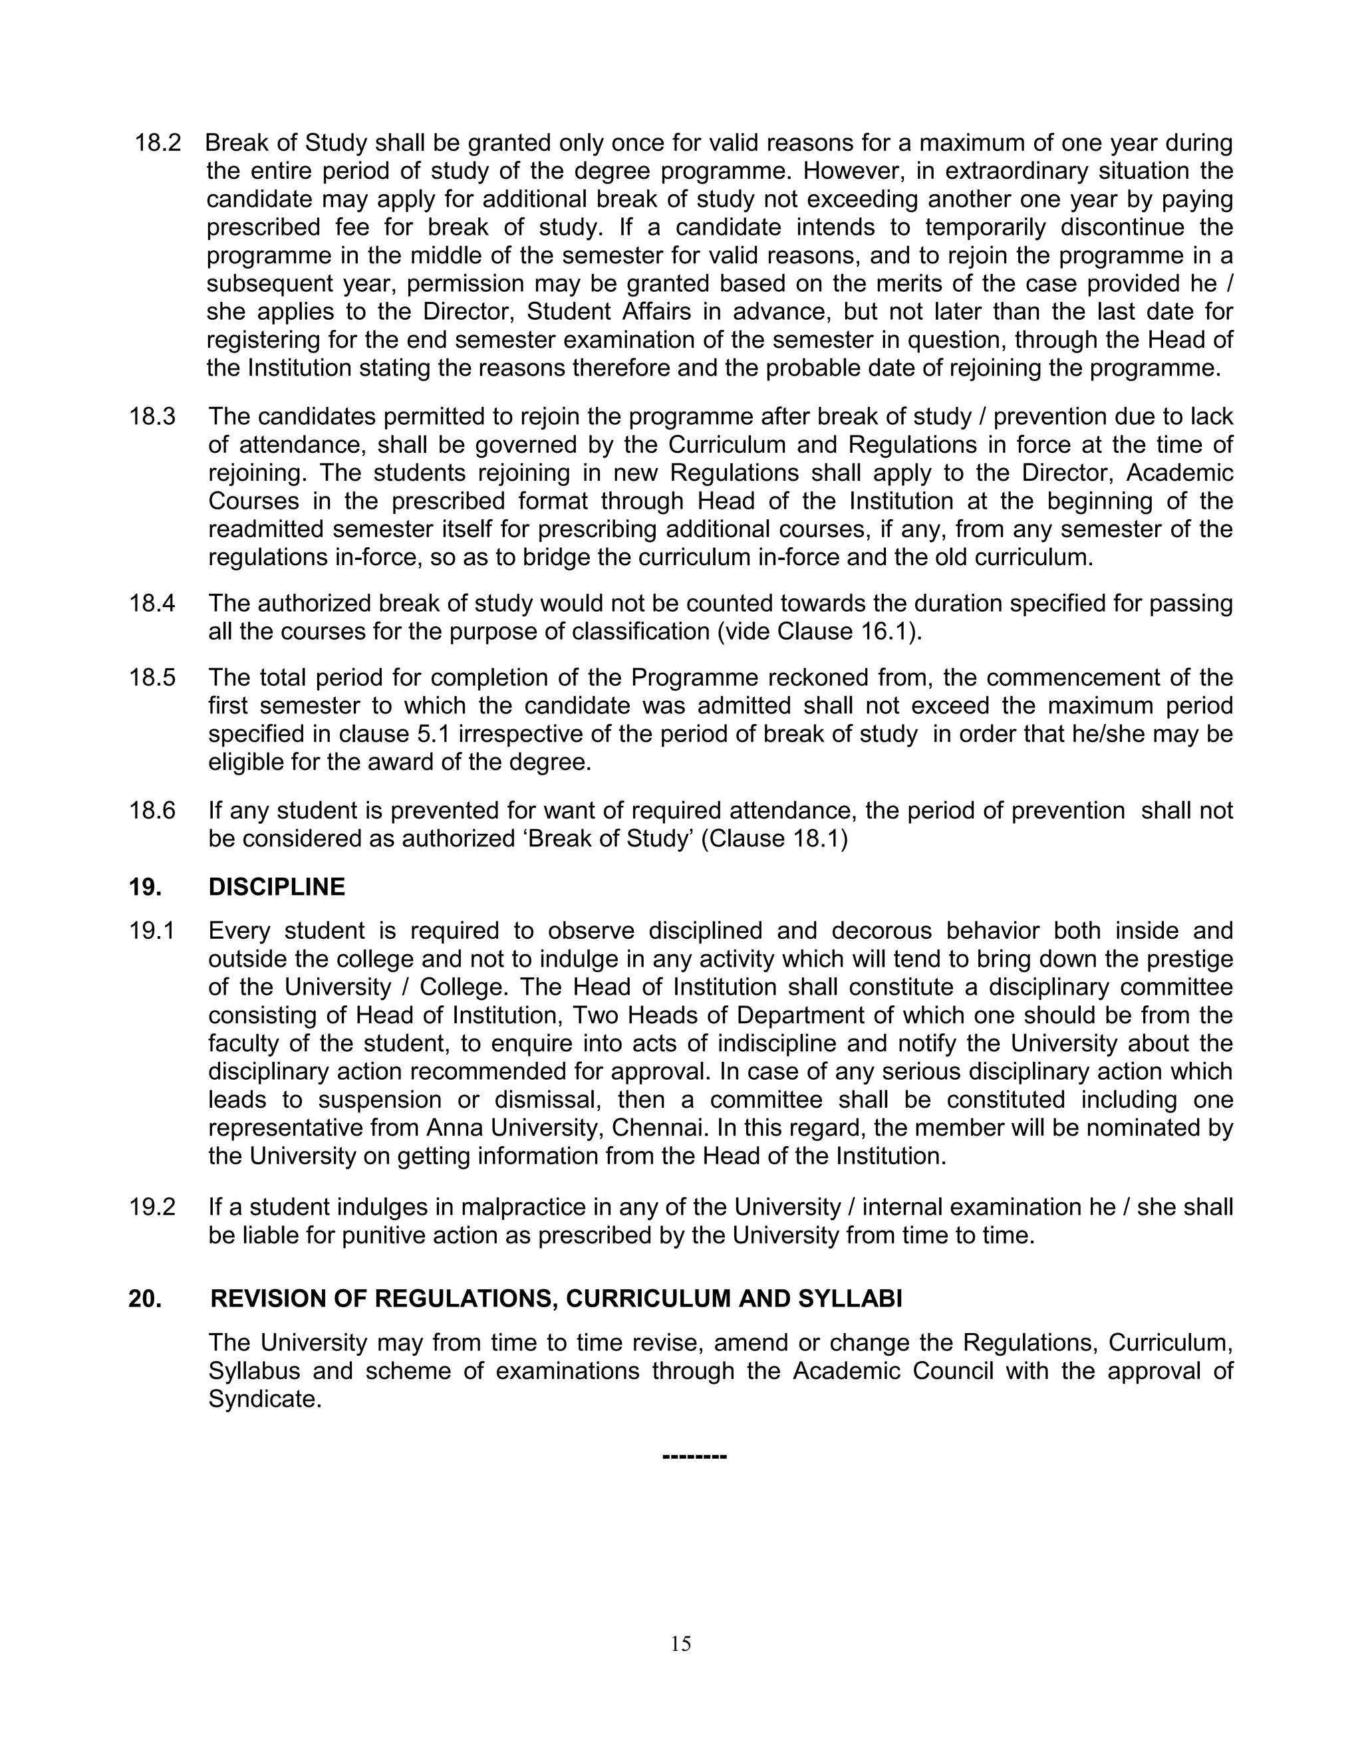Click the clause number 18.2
coord(158,144)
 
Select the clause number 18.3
coord(152,417)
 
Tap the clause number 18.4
coord(152,604)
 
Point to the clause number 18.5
coord(152,677)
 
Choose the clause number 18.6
coord(152,810)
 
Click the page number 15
coord(680,1644)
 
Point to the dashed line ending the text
coord(694,1456)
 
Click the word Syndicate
coord(264,1399)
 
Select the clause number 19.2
coord(152,1207)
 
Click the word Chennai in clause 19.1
coord(654,1128)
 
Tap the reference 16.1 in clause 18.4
coord(889,632)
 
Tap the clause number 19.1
coord(152,931)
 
